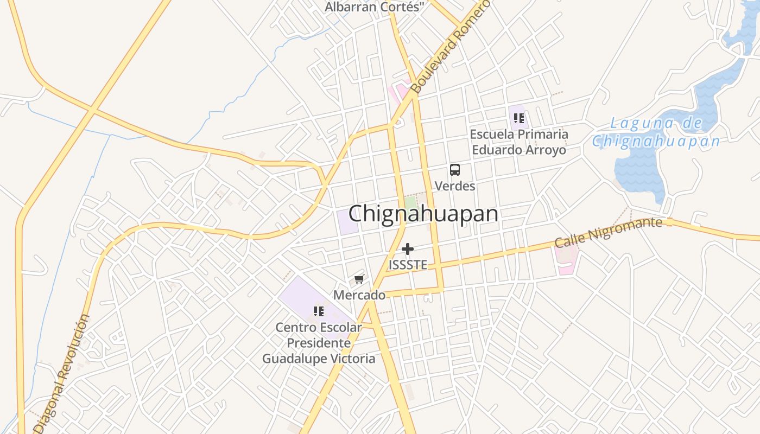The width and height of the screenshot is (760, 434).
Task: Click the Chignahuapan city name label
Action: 423,214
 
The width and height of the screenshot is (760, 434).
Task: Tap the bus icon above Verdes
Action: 455,170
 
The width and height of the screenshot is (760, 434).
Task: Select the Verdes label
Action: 455,186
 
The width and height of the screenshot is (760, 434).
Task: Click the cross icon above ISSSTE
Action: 408,249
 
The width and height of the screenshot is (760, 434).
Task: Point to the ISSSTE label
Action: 408,265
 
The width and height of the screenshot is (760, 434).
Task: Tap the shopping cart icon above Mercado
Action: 359,279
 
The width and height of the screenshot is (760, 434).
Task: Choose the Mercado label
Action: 359,295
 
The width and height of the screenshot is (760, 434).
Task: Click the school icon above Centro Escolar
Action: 319,311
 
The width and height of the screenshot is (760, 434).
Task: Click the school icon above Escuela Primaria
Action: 518,118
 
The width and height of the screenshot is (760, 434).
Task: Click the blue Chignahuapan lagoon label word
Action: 656,142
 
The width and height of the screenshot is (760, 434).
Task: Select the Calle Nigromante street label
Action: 608,233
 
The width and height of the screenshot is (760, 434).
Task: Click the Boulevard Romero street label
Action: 451,46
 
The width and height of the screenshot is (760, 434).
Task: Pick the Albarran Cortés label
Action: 374,7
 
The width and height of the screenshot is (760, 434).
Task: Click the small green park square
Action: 411,202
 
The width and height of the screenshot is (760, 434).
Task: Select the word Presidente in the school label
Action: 319,343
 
